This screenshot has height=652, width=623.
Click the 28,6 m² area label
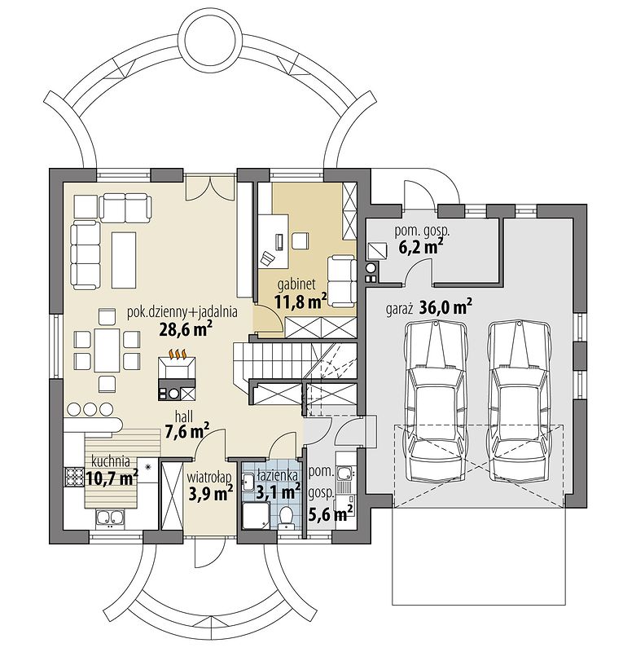[186, 328]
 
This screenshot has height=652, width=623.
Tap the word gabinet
[296, 284]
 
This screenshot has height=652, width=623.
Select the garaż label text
[399, 310]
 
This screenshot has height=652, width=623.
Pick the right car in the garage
[520, 401]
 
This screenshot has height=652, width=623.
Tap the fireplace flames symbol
[177, 355]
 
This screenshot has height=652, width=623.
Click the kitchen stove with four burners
[74, 477]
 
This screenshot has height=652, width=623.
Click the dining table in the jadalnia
[107, 350]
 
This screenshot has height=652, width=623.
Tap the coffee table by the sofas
[124, 260]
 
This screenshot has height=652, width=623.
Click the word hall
[184, 417]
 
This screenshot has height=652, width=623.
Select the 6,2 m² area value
[420, 247]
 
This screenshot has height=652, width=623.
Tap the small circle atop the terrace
[213, 40]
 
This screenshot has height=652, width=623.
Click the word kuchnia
[111, 460]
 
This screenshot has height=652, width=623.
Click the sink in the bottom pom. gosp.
[344, 473]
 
